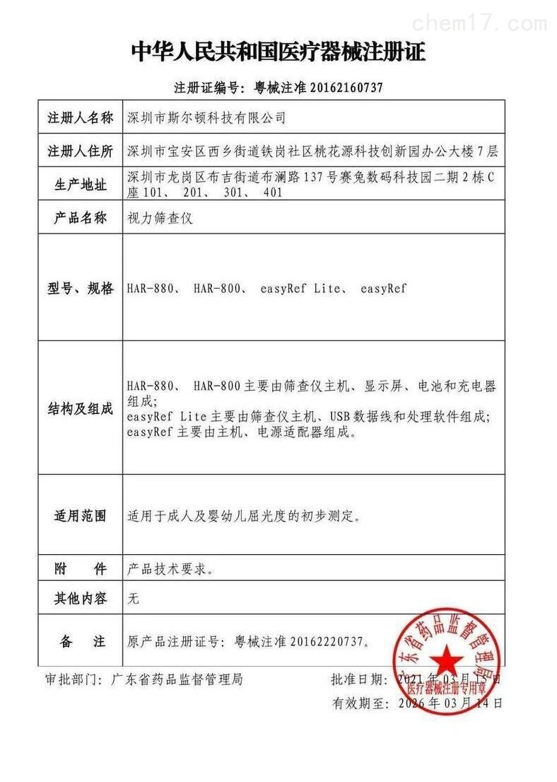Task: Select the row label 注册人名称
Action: point(80,117)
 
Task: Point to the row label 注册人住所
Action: point(80,151)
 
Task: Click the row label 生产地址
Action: point(80,185)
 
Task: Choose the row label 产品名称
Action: point(80,219)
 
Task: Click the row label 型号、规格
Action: point(80,289)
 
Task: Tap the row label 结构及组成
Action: point(80,409)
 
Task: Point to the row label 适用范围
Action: point(80,516)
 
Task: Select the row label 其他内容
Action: point(80,599)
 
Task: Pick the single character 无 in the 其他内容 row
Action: point(133,599)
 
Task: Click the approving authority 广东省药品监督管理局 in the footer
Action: point(177,679)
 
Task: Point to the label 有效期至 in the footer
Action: point(360,703)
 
